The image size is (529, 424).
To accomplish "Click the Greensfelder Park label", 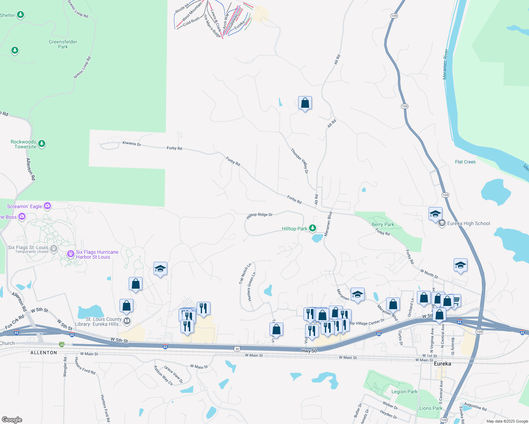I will click(x=63, y=44).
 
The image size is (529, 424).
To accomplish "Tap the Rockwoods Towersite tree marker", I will click(x=42, y=143).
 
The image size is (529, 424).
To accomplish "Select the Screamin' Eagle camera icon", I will click(x=47, y=206).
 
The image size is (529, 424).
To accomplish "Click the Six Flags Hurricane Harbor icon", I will click(x=70, y=254).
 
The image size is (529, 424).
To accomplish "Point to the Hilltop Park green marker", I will click(x=313, y=228).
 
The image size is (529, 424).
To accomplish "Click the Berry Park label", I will click(x=383, y=224).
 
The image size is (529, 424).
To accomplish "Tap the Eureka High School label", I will click(x=469, y=223).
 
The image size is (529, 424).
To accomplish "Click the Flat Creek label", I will click(x=465, y=162).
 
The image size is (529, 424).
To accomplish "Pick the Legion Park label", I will click(x=404, y=391).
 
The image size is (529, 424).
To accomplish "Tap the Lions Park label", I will click(x=431, y=408).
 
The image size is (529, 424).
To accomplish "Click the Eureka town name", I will click(x=442, y=364).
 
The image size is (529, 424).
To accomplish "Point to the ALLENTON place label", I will click(x=44, y=353).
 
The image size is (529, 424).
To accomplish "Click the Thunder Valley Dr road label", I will click(x=300, y=161).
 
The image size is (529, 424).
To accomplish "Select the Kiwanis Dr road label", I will click(x=132, y=143).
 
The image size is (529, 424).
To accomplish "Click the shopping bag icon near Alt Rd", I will click(x=305, y=103).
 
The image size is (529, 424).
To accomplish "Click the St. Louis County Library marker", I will click(x=127, y=321).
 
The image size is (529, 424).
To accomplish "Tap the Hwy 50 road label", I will click(x=309, y=351).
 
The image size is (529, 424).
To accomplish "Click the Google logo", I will click(x=12, y=420).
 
